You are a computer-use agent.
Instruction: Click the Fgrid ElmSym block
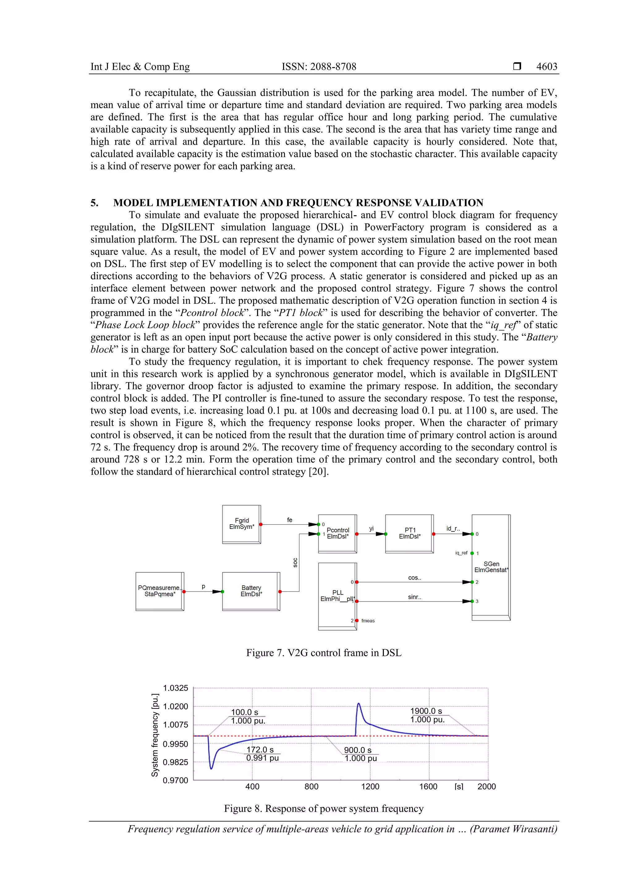coord(241,524)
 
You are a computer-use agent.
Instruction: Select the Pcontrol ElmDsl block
coord(338,533)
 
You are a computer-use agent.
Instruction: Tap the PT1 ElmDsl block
coord(409,533)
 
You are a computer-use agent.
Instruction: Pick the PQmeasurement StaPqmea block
coord(159,591)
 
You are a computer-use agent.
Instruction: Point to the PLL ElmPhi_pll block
coord(337,596)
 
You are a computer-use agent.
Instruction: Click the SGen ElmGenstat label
coord(491,567)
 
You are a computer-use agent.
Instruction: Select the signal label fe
coord(289,520)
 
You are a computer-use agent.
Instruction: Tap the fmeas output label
coord(368,621)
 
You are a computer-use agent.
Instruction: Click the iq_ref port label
coord(461,553)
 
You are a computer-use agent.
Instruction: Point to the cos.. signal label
coord(414,578)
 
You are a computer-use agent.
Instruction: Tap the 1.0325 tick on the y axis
coord(176,688)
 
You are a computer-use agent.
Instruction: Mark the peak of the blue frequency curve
coord(359,703)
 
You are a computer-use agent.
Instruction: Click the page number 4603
coord(546,67)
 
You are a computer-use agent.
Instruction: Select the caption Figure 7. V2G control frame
coord(324,653)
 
